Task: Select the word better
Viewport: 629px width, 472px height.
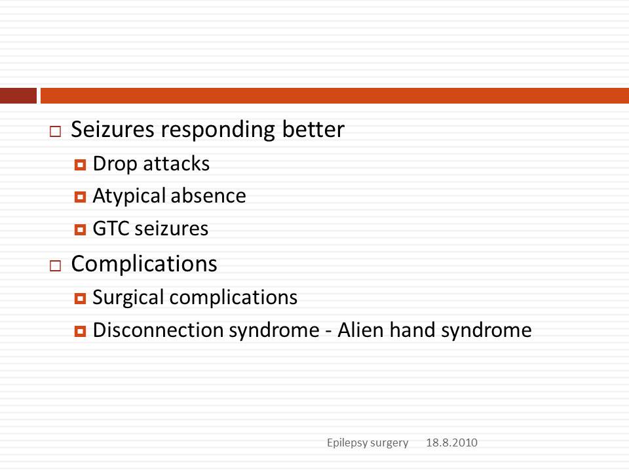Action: [x=313, y=129]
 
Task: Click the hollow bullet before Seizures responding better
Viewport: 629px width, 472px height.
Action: [x=55, y=132]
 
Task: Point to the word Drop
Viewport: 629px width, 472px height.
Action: [x=115, y=165]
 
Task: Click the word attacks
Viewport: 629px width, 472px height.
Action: [x=176, y=164]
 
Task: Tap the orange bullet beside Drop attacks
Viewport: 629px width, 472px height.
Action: [x=80, y=165]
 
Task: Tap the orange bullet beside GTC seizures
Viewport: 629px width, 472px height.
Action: [x=80, y=229]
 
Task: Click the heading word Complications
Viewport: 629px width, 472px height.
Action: [x=144, y=264]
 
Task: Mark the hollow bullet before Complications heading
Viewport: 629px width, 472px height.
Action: [x=55, y=265]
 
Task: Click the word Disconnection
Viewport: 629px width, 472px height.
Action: [x=158, y=330]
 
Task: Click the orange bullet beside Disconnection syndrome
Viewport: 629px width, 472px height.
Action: [x=80, y=331]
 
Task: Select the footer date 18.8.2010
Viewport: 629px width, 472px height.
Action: [x=451, y=442]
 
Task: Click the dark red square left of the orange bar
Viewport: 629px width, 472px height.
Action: [x=18, y=96]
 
